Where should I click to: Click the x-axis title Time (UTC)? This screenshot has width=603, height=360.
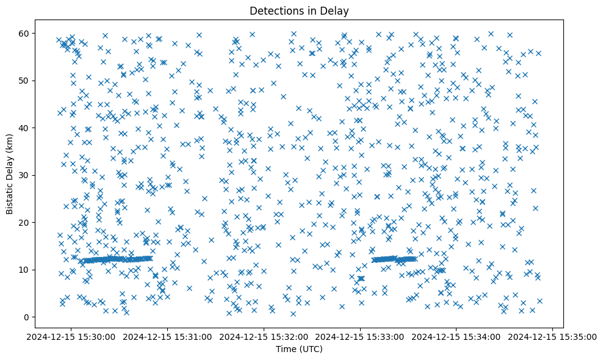point(299,350)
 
